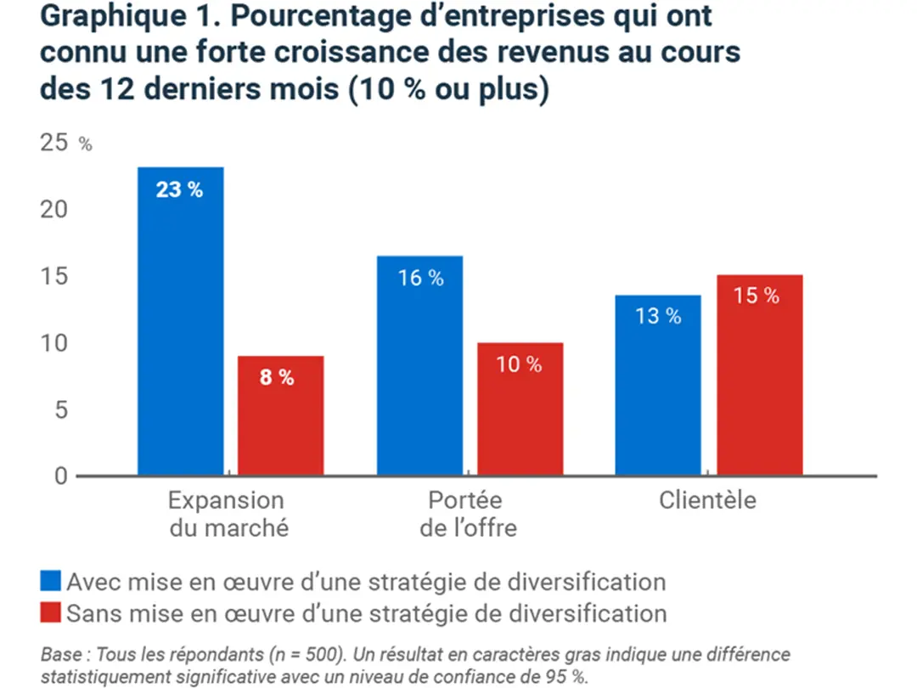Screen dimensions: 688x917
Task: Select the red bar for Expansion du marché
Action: pos(280,415)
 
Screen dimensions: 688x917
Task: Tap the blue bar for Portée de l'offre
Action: pos(420,365)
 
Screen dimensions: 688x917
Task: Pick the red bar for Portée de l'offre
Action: pos(520,409)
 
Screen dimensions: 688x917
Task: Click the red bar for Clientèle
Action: pos(759,375)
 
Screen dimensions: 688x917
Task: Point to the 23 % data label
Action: pos(180,189)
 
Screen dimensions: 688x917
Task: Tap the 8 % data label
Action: pos(277,378)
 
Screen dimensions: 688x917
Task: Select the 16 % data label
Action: pos(421,278)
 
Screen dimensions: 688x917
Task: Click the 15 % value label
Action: pos(756,296)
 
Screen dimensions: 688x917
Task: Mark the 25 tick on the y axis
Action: pos(53,143)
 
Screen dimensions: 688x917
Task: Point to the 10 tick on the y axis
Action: pos(53,343)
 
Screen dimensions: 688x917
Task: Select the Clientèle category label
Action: pos(707,500)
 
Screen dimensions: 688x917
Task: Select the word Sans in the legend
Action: pos(91,612)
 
